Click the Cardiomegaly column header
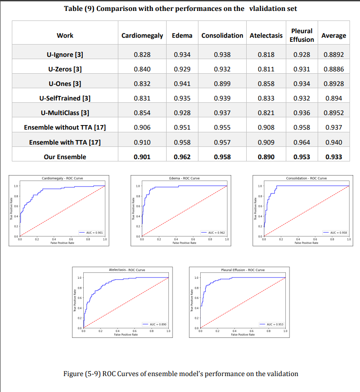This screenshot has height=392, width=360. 142,35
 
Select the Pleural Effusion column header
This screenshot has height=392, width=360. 301,35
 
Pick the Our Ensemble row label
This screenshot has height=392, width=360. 65,157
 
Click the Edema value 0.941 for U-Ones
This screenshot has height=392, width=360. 183,84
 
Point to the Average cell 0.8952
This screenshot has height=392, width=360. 334,113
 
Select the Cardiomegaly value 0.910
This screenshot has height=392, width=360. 142,142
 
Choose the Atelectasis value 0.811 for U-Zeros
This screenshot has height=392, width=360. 266,69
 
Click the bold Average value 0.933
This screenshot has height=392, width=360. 334,157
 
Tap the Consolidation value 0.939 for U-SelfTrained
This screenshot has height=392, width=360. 222,98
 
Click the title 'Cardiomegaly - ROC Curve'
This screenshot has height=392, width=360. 62,179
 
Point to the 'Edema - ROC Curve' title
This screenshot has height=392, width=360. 184,179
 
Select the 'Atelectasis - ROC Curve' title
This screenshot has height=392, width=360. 127,270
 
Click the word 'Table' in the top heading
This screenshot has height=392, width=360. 76,9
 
